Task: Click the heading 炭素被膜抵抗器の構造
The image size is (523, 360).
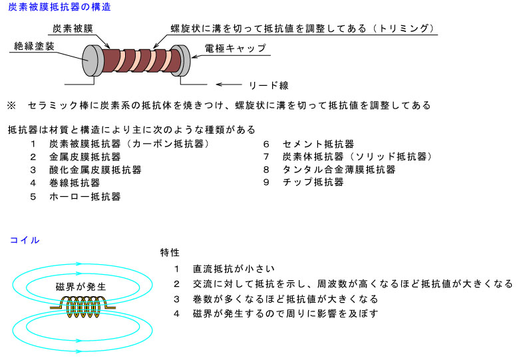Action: tap(59, 7)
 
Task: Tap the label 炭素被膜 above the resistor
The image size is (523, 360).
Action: tap(73, 29)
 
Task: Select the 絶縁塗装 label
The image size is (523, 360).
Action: tap(34, 47)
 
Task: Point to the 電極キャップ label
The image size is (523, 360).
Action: tap(236, 49)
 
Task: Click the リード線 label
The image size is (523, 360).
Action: tap(269, 85)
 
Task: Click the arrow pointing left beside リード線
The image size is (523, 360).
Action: tap(229, 85)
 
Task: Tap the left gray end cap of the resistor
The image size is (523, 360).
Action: tap(92, 61)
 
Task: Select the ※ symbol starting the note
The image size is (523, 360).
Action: tap(11, 106)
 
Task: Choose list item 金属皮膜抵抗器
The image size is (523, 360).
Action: tap(85, 157)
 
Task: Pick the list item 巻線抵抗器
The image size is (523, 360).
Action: tap(75, 183)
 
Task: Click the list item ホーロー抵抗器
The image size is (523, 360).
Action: tap(85, 196)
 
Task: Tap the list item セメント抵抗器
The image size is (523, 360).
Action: tap(318, 144)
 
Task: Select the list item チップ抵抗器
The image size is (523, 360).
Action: tap(313, 182)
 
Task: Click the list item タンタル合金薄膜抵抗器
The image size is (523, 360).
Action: tap(339, 170)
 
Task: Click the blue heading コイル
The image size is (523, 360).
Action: tap(25, 240)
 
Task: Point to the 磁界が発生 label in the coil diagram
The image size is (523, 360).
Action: tap(81, 287)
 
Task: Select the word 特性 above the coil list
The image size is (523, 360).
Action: tap(170, 253)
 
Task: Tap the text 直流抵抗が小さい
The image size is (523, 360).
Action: tap(234, 269)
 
